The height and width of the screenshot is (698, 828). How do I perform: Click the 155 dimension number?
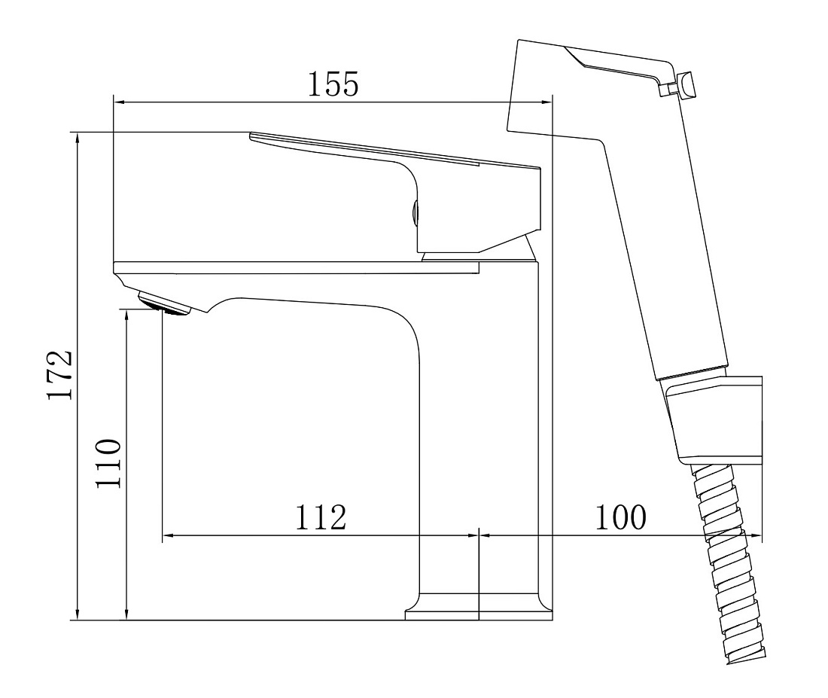click(333, 84)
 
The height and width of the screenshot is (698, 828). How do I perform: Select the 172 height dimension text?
click(59, 375)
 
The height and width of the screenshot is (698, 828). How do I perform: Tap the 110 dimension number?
click(109, 463)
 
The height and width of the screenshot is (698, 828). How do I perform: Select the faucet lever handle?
click(396, 185)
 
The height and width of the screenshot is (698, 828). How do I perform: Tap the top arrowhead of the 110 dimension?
click(126, 316)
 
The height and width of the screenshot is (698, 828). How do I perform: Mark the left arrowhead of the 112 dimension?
click(169, 536)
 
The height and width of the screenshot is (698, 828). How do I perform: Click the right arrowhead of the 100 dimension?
click(756, 536)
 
